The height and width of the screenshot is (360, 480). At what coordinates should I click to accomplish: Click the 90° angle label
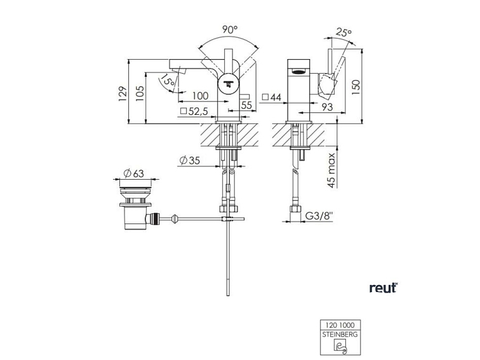(230, 30)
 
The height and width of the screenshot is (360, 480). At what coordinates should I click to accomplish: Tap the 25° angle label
(343, 32)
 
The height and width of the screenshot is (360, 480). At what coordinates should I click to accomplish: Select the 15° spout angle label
(168, 80)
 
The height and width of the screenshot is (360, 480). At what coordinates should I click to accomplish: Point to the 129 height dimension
(123, 94)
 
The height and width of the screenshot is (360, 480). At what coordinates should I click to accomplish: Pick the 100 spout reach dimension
(200, 96)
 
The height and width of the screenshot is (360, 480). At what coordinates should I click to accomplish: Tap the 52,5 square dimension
(194, 111)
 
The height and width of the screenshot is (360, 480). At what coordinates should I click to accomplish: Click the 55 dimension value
(246, 105)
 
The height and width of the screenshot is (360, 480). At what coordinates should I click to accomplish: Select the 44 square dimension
(272, 97)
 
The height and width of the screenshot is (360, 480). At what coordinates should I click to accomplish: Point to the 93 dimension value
(327, 107)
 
